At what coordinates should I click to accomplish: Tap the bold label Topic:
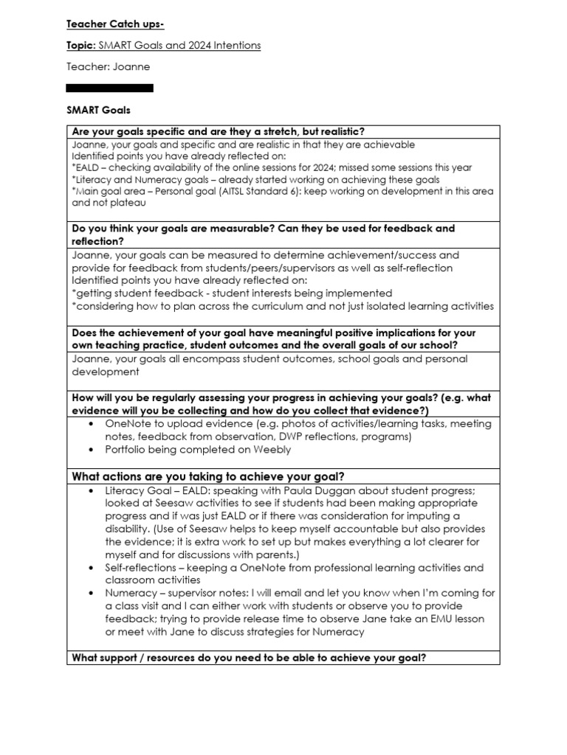tap(80, 46)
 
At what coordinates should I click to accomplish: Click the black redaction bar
tap(110, 88)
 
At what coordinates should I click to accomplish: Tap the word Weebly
tap(272, 450)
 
